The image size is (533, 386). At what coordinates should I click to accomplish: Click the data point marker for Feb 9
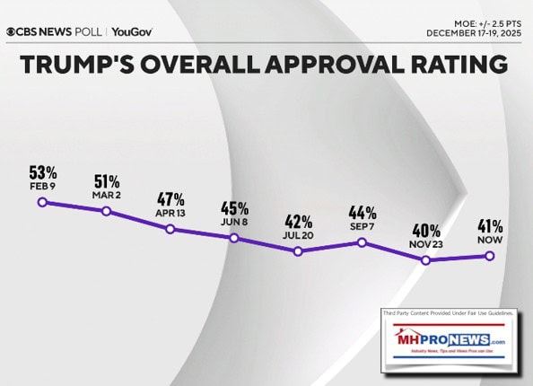[x=41, y=202]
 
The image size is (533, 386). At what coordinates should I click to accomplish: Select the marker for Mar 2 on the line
[x=106, y=211]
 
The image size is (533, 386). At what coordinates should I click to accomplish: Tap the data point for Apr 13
[x=170, y=229]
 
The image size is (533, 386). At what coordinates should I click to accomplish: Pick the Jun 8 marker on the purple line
[x=233, y=238]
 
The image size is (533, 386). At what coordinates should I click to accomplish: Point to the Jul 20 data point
[x=298, y=251]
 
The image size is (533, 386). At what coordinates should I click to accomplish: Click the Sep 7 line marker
[x=362, y=242]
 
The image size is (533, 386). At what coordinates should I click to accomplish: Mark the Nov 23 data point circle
[x=426, y=260]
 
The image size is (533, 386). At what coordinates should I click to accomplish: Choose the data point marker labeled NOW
[x=490, y=256]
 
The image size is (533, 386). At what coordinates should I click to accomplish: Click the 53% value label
[x=42, y=171]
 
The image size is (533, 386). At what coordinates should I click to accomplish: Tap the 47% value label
[x=170, y=199]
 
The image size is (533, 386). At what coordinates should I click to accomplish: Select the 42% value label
[x=299, y=221]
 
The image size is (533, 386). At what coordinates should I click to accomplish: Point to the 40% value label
[x=427, y=230]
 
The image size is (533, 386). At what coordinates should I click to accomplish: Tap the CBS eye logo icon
[x=12, y=31]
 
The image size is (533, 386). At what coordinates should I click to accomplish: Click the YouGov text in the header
[x=132, y=31]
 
